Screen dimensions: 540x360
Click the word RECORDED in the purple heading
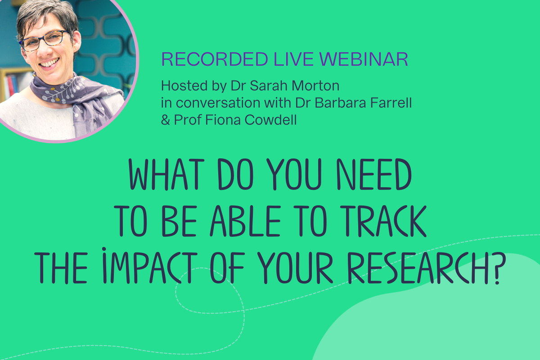215,59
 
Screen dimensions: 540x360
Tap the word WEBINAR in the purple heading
364,59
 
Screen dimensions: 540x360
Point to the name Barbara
340,103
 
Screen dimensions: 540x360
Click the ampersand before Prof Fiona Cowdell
166,120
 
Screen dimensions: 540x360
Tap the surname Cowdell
270,120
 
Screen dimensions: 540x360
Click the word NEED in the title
374,174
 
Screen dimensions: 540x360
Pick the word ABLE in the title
245,221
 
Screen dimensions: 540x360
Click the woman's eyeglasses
44,40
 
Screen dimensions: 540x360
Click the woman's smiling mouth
49,63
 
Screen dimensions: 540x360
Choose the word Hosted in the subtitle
184,85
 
